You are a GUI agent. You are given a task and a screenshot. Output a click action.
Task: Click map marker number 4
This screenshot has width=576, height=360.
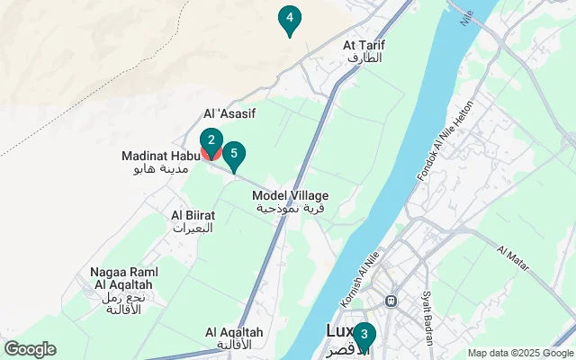pyautogui.click(x=288, y=18)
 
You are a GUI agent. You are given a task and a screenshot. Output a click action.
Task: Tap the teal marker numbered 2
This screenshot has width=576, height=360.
pyautogui.click(x=211, y=141)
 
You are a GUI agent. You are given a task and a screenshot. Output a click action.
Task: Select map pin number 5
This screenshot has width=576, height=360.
pyautogui.click(x=234, y=155)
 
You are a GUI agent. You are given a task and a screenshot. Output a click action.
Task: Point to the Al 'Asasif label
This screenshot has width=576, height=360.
pyautogui.click(x=230, y=113)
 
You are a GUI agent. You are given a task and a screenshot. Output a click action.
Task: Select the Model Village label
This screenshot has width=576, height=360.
pyautogui.click(x=290, y=195)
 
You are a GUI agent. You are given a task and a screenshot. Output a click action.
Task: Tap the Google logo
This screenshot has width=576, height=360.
pyautogui.click(x=30, y=349)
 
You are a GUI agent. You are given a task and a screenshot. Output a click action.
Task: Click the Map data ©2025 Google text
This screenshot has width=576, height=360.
pyautogui.click(x=519, y=353)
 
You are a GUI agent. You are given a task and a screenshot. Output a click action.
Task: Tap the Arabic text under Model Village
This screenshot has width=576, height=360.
pyautogui.click(x=290, y=208)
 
